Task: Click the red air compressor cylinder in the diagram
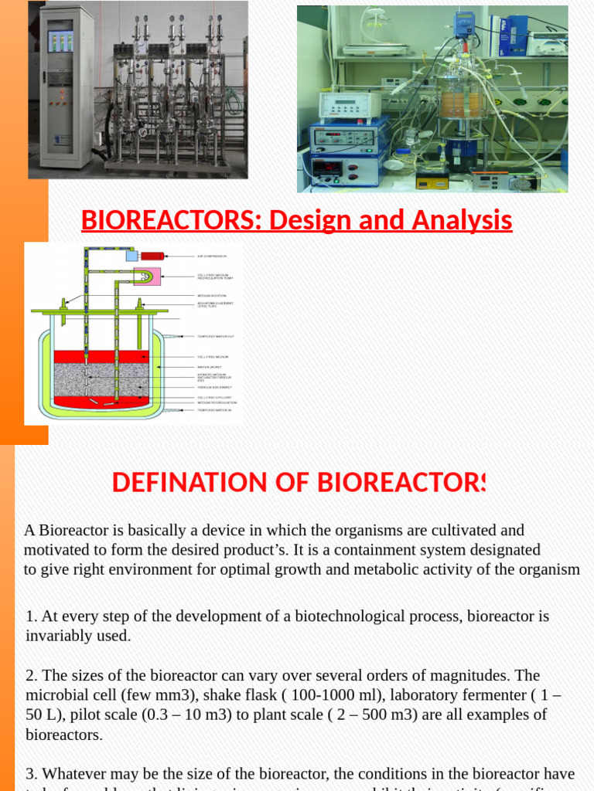[x=152, y=256]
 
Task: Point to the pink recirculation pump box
[x=147, y=276]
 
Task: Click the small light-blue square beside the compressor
[x=131, y=256]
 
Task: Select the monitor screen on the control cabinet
[x=60, y=40]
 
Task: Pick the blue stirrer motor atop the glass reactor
[x=465, y=23]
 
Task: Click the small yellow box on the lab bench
[x=432, y=181]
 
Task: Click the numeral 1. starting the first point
[x=31, y=616]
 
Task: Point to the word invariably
[x=58, y=636]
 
